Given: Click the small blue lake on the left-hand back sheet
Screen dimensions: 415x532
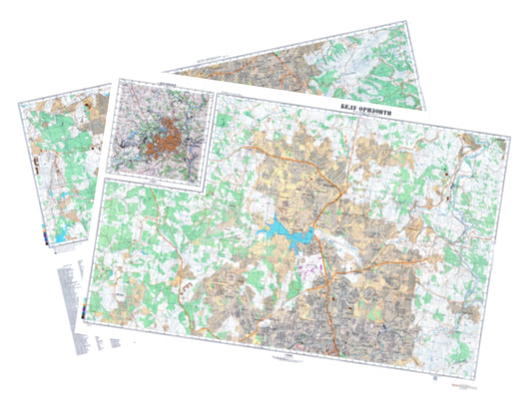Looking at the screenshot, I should tap(62, 235).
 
